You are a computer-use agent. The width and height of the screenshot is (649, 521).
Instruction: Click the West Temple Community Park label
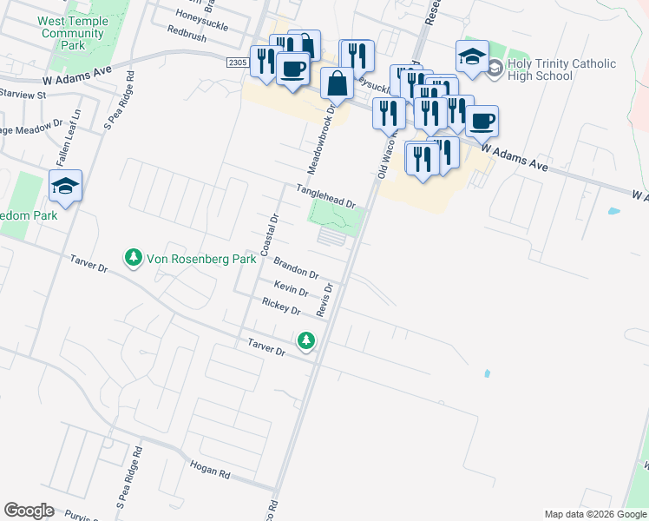[73, 33]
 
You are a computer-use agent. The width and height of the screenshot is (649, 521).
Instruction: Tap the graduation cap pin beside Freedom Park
[65, 187]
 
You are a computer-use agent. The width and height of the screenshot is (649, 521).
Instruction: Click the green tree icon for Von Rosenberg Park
[133, 258]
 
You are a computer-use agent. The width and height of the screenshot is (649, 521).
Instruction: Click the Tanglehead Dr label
[326, 195]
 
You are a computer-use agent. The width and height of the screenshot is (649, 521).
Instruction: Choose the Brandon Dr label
[296, 267]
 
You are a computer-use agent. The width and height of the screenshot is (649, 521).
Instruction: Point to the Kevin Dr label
[291, 288]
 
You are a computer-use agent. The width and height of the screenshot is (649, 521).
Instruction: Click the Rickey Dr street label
[280, 306]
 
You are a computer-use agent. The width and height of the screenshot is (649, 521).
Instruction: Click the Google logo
[29, 511]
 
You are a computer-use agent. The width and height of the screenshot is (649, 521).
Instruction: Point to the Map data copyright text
[595, 514]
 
